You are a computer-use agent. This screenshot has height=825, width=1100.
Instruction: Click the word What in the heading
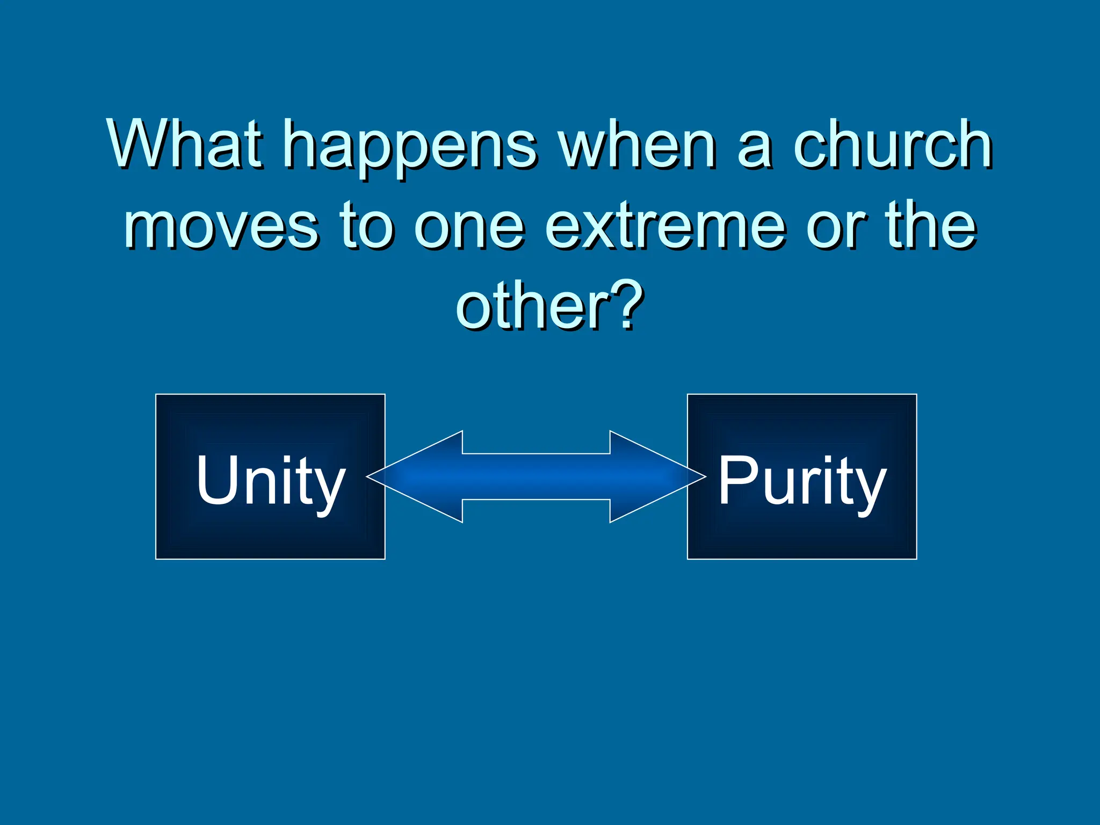(x=185, y=144)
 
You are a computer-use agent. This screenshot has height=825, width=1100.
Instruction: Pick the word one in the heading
(x=470, y=228)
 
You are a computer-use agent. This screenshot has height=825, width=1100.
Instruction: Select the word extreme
(x=666, y=226)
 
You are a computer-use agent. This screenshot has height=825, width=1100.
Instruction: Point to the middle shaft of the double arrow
(x=536, y=476)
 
